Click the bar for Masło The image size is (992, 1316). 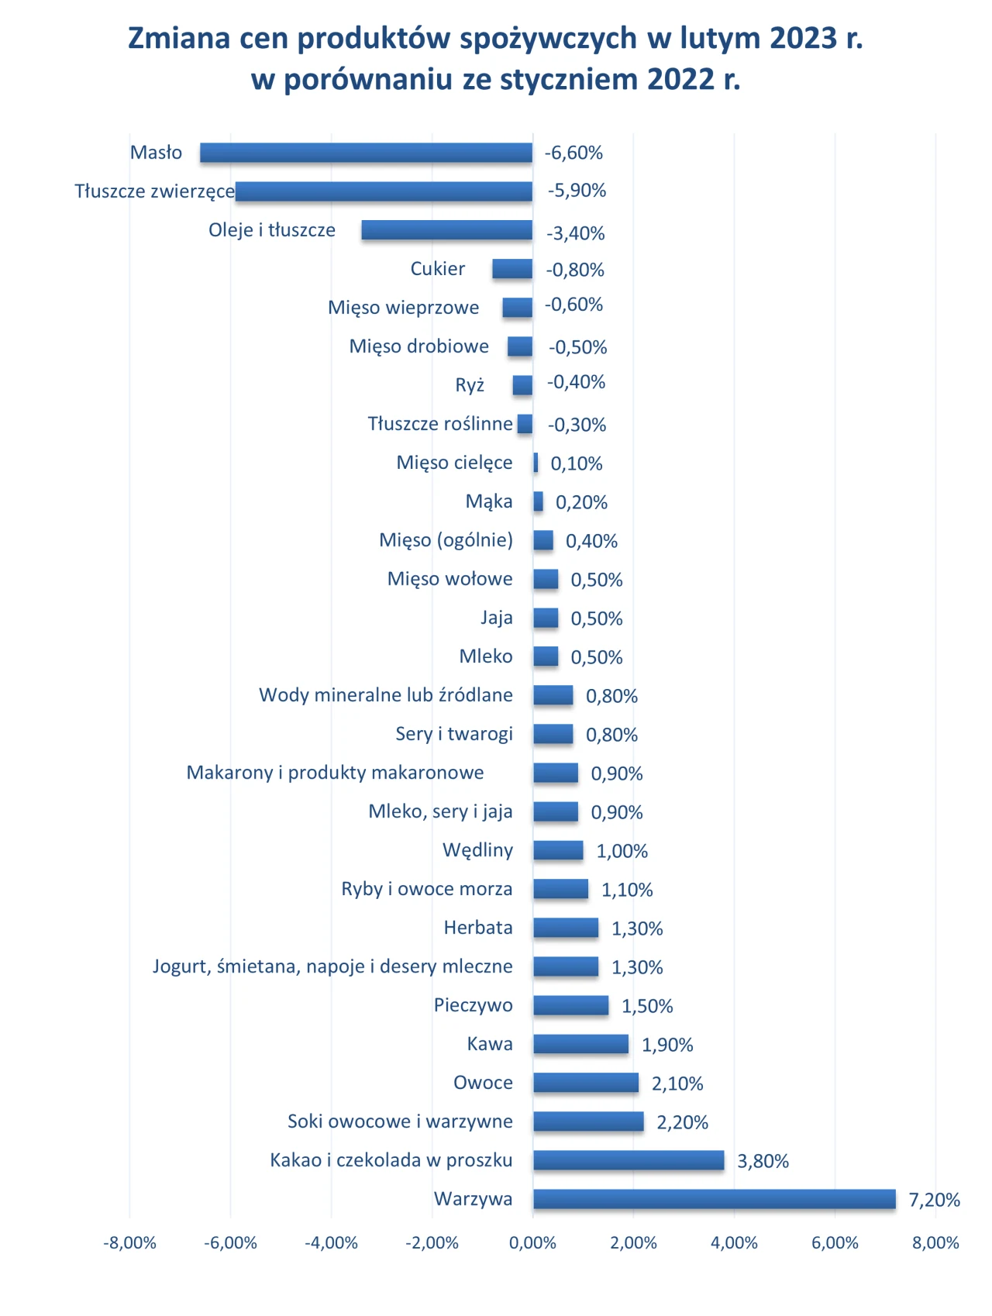(367, 153)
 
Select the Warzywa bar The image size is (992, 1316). (715, 1199)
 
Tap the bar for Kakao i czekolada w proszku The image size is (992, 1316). (629, 1160)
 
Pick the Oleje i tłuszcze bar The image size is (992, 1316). (447, 230)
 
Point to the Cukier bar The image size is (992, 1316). (512, 269)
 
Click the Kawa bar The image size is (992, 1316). (580, 1044)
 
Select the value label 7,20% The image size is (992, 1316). (935, 1200)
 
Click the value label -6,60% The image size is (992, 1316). (573, 153)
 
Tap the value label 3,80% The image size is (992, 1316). (763, 1161)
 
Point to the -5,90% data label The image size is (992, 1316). (577, 191)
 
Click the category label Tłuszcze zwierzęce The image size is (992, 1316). (154, 191)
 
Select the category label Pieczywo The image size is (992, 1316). (474, 1005)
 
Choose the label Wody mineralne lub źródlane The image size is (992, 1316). (386, 694)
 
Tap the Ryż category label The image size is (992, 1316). (470, 385)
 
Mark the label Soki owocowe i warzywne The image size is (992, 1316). (400, 1121)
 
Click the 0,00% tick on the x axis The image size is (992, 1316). (533, 1243)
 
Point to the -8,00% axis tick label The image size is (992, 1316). (129, 1243)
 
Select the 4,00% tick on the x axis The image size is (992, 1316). (735, 1243)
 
